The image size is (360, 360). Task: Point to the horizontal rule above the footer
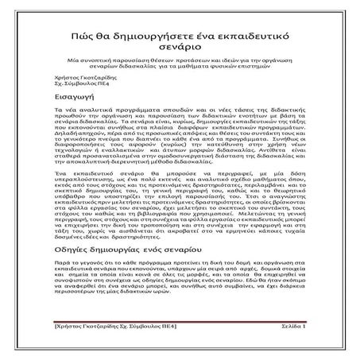pyautogui.click(x=180, y=321)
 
